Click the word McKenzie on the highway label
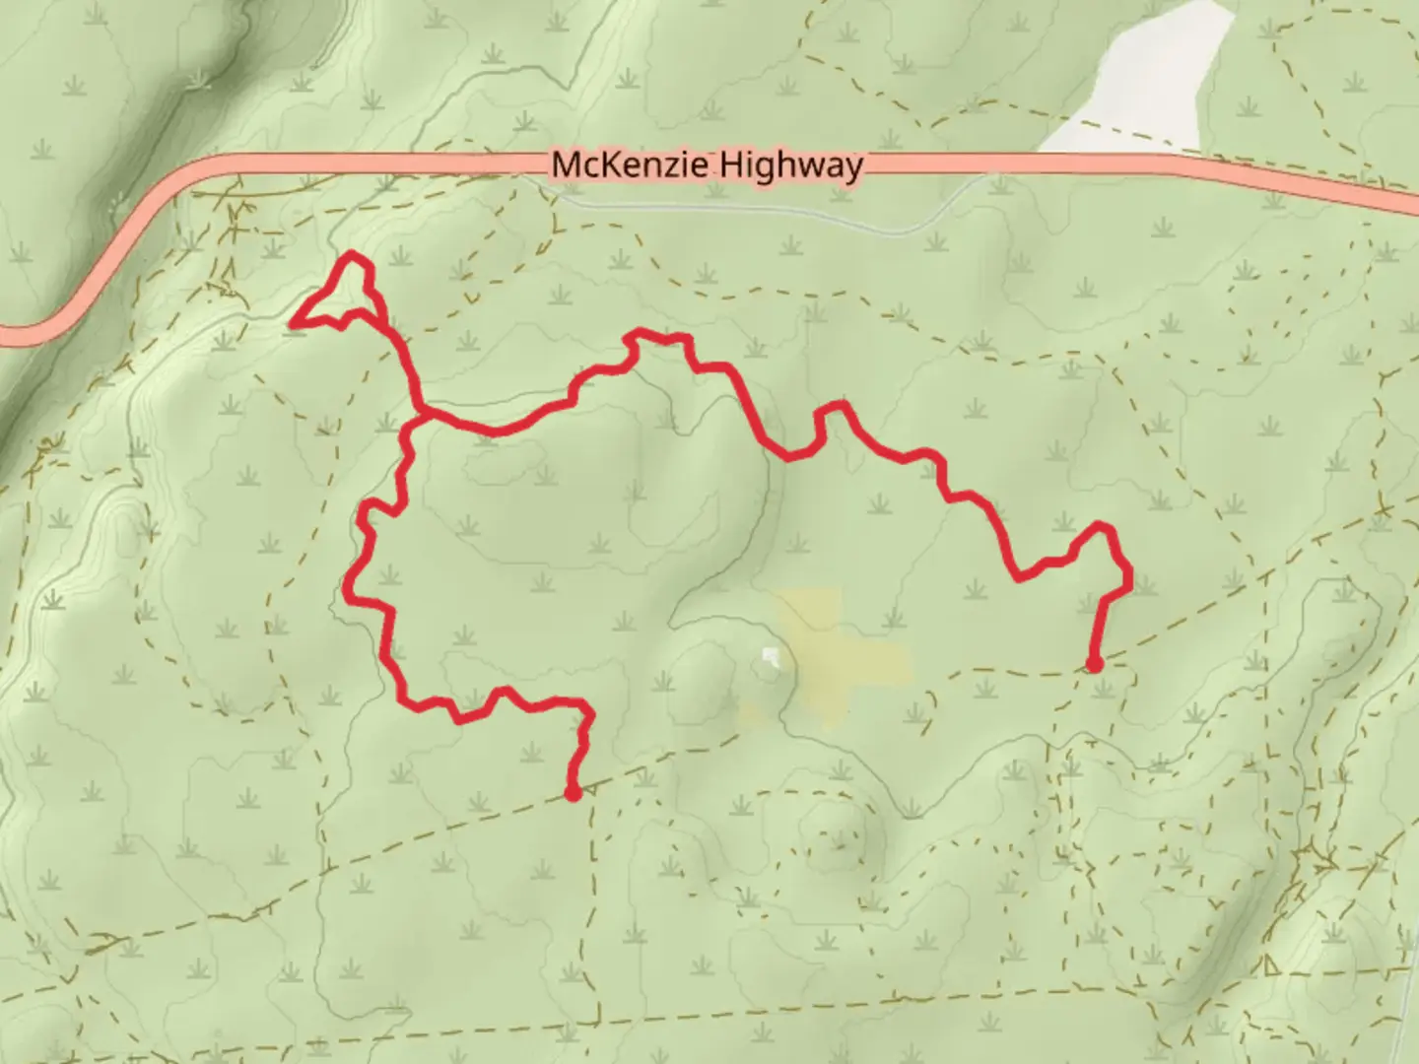coord(629,165)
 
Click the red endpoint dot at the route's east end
coord(1094,665)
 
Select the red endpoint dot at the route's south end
coord(573,792)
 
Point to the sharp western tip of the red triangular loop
coord(294,321)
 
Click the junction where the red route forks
coord(421,415)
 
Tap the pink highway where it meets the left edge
coord(8,335)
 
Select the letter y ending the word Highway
coord(852,167)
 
